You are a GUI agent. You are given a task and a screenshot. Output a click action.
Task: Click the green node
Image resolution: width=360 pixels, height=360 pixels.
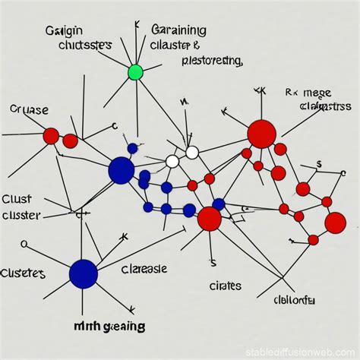point(135,73)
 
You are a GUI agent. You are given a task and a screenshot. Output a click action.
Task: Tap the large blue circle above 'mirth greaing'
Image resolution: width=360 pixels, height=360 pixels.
point(84,273)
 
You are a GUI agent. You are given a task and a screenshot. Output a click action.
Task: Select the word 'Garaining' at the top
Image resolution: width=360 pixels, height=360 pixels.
point(178,31)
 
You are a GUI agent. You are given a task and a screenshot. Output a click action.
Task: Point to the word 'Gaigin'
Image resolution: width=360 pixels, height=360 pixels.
point(67,31)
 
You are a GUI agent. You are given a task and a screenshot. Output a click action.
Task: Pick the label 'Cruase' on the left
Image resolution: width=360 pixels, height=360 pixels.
point(28,109)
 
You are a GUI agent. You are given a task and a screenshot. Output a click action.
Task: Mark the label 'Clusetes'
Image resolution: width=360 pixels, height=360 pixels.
point(23,273)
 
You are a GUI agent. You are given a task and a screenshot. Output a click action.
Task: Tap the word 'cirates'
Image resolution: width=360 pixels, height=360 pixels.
point(225,286)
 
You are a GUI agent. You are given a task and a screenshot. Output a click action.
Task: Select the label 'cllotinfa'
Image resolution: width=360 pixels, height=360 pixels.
point(294,300)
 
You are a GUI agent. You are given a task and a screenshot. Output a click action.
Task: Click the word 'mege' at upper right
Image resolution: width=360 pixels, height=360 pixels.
point(319,93)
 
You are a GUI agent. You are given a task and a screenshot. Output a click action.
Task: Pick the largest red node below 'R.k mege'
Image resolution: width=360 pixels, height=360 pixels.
point(261,134)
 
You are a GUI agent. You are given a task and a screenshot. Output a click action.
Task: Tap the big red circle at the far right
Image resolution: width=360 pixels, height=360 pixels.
point(335,223)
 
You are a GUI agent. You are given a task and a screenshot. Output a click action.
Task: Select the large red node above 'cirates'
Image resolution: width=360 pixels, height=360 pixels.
point(209,219)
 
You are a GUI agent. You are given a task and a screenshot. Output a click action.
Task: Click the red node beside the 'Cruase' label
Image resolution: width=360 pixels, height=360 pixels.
point(51,136)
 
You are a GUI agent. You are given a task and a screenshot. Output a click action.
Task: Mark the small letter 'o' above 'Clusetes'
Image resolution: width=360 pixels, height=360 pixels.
point(24,245)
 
